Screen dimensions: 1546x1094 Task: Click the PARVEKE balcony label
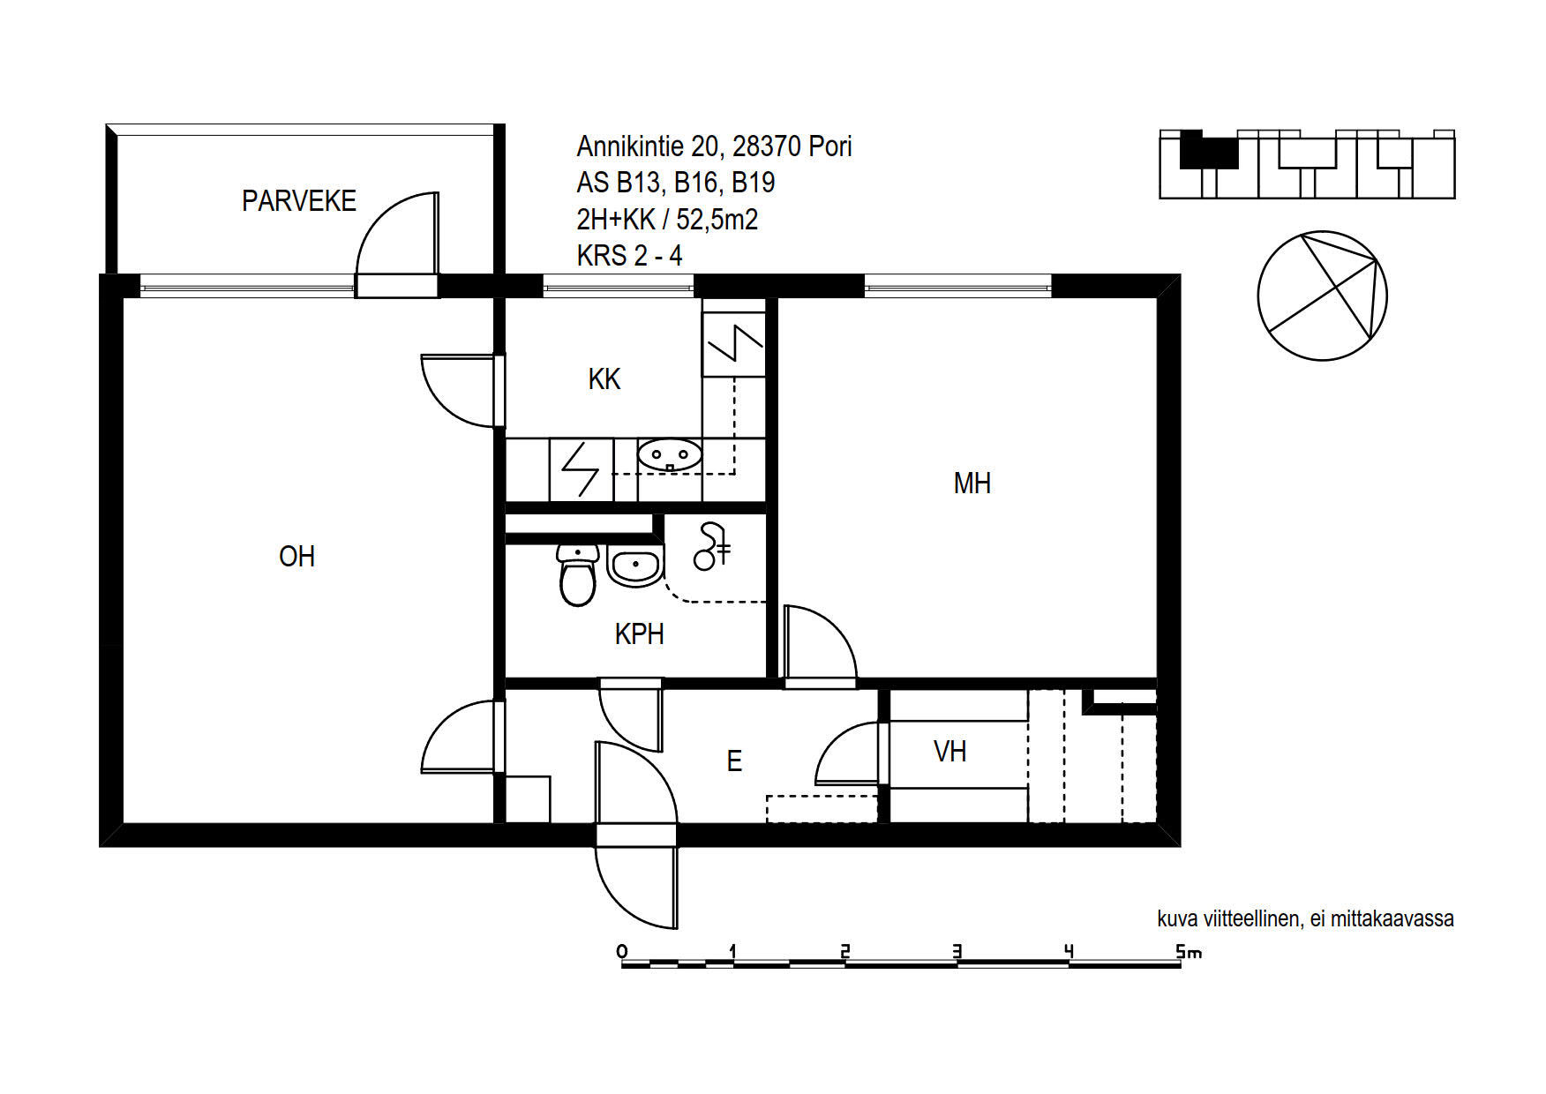[299, 201]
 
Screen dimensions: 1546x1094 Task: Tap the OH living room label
[296, 557]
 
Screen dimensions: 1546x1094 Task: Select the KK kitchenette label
[604, 379]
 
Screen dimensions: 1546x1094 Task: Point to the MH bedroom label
[972, 483]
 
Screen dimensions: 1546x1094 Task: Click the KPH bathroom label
[639, 634]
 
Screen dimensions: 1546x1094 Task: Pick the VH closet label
[950, 752]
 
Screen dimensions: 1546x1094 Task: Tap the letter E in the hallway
[734, 761]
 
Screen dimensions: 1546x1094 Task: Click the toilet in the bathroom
[578, 574]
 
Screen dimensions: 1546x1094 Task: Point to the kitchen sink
[670, 455]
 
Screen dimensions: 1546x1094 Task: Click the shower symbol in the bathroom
[712, 547]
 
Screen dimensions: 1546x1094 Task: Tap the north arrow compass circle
[1322, 296]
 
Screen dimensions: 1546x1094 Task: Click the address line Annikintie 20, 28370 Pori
[714, 146]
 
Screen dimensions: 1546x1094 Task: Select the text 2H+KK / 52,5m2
[667, 219]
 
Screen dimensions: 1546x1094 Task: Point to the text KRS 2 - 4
[629, 256]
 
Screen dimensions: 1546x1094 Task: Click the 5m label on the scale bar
[1188, 952]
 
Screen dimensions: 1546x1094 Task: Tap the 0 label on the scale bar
[622, 951]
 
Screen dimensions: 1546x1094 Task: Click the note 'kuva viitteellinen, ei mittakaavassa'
[1305, 918]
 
